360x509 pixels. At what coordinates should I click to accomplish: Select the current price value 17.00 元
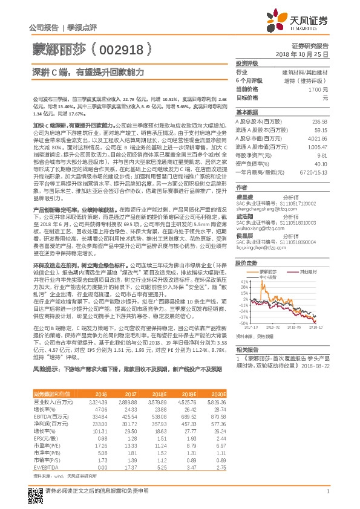point(318,89)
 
